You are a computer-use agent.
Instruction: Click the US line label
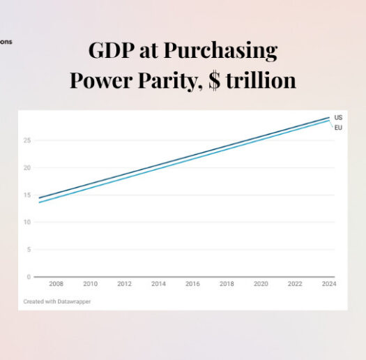pos(338,118)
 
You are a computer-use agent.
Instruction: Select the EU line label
pos(338,128)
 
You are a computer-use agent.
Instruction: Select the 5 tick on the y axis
pos(28,249)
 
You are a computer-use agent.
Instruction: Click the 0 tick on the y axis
pos(28,276)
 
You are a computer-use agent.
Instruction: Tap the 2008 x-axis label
pos(56,284)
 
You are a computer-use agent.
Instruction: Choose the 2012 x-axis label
pos(124,284)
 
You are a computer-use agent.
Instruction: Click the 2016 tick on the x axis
pos(192,284)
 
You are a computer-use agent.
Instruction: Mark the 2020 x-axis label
pos(261,284)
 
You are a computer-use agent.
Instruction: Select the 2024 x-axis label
pos(328,284)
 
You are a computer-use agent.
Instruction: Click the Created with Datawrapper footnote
pos(57,301)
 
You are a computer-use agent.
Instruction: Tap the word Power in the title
pos(104,80)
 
